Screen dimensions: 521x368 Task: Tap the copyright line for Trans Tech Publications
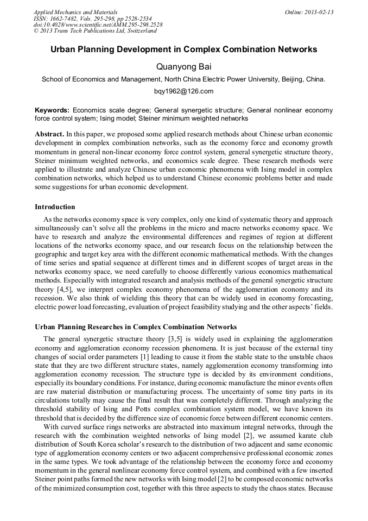coord(95,31)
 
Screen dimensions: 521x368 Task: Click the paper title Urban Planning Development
coord(183,49)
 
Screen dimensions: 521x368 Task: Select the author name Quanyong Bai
coord(183,67)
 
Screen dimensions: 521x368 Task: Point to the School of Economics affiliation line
coord(183,79)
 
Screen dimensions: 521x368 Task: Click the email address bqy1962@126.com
coord(183,91)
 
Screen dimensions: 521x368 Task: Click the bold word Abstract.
coord(49,134)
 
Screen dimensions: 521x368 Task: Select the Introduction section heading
coord(55,207)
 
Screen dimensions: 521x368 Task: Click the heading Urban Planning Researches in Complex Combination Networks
coord(136,327)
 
